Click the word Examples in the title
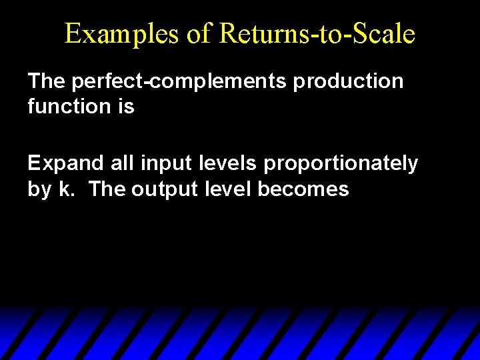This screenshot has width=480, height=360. pyautogui.click(x=121, y=34)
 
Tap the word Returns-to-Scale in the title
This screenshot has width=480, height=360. pyautogui.click(x=316, y=34)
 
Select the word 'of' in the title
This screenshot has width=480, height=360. pyautogui.click(x=198, y=34)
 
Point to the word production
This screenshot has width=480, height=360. pyautogui.click(x=349, y=81)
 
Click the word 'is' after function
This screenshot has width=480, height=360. pyautogui.click(x=126, y=106)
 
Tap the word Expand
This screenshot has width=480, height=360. pyautogui.click(x=61, y=163)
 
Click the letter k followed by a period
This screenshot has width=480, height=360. pyautogui.click(x=67, y=189)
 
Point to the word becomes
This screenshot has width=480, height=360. pyautogui.click(x=303, y=189)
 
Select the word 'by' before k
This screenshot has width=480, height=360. pyautogui.click(x=39, y=189)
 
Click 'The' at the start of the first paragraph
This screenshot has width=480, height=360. pyautogui.click(x=46, y=81)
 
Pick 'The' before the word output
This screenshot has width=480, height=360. pyautogui.click(x=107, y=189)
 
